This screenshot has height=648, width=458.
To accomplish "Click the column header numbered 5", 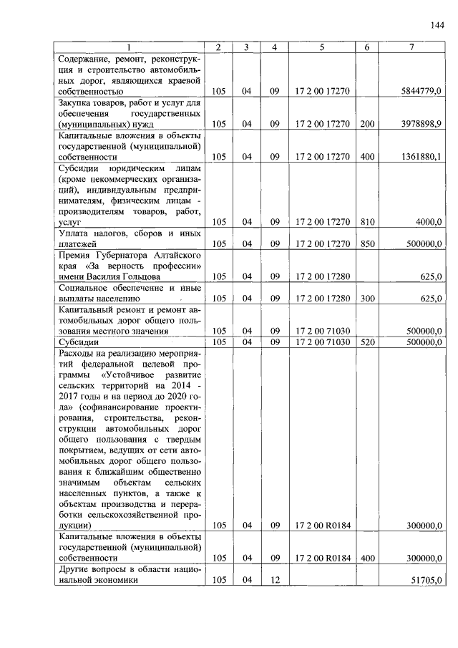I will click(x=322, y=47).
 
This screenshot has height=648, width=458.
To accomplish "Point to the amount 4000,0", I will click(x=429, y=223).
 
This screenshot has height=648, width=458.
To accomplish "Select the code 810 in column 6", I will click(x=367, y=223).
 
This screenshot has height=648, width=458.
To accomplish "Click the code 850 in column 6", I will click(x=367, y=244).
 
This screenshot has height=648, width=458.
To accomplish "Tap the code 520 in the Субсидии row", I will click(x=367, y=342).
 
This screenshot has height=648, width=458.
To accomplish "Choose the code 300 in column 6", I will click(x=367, y=298).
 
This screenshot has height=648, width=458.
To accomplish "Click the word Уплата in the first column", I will click(x=75, y=233).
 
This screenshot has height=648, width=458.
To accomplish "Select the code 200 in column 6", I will click(x=367, y=124).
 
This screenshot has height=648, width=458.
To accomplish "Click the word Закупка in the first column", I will click(x=77, y=102).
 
